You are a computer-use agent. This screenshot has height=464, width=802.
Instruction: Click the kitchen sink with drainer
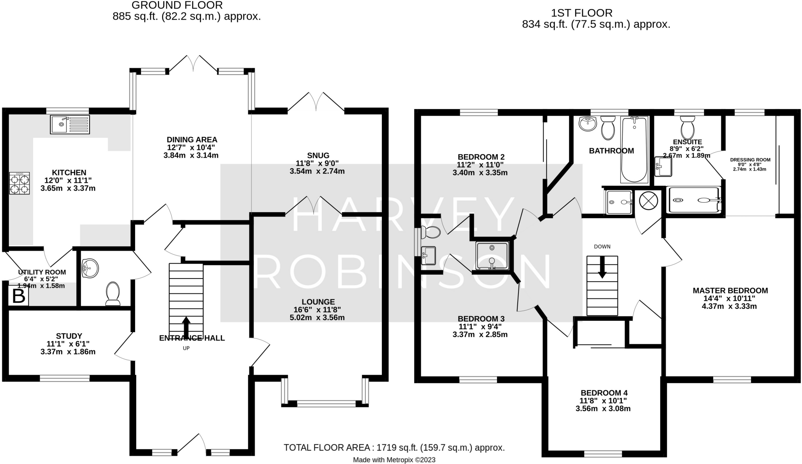(x=70, y=124)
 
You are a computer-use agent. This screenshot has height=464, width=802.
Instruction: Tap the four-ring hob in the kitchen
(x=19, y=183)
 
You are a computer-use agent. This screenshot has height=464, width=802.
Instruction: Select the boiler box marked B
(x=18, y=297)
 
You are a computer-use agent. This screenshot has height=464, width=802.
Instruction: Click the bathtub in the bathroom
(x=634, y=149)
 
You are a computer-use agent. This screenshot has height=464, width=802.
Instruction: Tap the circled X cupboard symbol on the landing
(x=648, y=201)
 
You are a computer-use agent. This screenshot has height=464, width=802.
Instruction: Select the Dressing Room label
(x=750, y=160)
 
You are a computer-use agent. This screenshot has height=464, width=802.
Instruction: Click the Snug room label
(x=318, y=155)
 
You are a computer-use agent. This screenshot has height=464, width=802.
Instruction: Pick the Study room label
(x=69, y=336)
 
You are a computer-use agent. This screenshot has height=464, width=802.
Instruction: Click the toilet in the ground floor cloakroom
(x=113, y=293)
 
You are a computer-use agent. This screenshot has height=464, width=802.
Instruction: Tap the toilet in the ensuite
(x=687, y=128)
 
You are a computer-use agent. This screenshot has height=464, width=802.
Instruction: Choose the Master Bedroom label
(x=730, y=290)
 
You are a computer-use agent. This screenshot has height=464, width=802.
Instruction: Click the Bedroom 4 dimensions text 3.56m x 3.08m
(x=603, y=409)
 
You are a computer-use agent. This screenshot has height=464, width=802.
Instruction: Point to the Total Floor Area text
(x=394, y=447)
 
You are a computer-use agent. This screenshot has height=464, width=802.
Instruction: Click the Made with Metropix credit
(x=394, y=460)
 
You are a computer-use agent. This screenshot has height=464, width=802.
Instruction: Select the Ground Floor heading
(x=177, y=5)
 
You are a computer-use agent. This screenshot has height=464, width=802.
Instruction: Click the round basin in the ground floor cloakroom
(x=90, y=268)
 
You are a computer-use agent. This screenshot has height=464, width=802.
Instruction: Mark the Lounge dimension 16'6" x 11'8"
(x=318, y=309)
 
